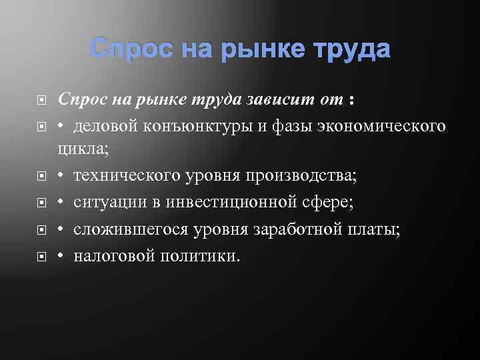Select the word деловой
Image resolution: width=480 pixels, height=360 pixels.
(107, 126)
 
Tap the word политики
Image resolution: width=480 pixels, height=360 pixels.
(199, 255)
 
